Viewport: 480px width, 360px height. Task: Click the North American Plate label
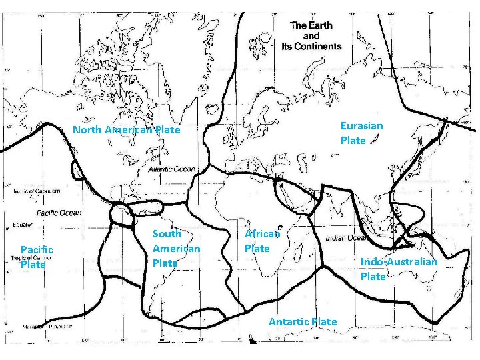pyautogui.click(x=126, y=130)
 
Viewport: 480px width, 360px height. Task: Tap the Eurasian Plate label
pyautogui.click(x=361, y=133)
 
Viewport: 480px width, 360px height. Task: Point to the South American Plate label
pyautogui.click(x=176, y=248)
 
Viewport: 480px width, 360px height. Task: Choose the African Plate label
pyautogui.click(x=261, y=241)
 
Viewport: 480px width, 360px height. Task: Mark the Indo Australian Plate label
pyautogui.click(x=399, y=269)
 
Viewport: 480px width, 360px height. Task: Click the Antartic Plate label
pyautogui.click(x=302, y=322)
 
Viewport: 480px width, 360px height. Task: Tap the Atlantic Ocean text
pyautogui.click(x=172, y=170)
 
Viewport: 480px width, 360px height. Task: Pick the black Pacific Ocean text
pyautogui.click(x=59, y=213)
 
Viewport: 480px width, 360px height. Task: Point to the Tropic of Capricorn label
pyautogui.click(x=36, y=192)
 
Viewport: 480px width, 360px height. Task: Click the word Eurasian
pyautogui.click(x=361, y=125)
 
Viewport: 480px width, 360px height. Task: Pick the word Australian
pyautogui.click(x=412, y=261)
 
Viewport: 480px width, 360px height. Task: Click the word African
pyautogui.click(x=262, y=234)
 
